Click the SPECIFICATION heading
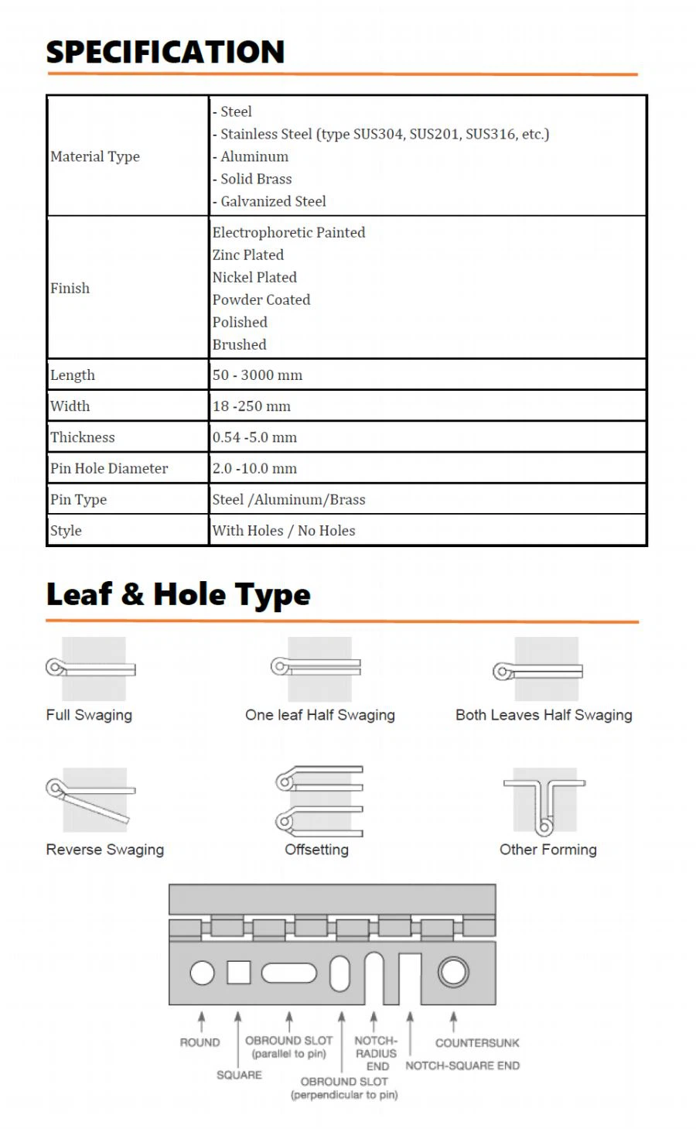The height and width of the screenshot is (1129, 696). pos(165,52)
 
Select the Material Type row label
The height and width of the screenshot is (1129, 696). pos(95,156)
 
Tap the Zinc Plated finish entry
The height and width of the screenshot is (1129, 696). pos(247,255)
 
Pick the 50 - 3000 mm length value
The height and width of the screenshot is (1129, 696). pos(258,375)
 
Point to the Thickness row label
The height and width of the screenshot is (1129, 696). pos(82,437)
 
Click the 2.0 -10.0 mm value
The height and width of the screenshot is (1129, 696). pos(254,468)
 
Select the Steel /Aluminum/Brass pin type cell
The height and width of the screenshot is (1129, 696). pos(288,500)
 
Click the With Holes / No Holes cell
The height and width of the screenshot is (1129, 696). pos(284,531)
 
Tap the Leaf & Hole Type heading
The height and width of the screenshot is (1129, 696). pos(178,594)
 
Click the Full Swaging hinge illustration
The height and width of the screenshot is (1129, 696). pos(91,668)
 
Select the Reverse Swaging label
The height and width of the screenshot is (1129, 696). pos(105,850)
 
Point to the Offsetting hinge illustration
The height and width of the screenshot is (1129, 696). pos(319,800)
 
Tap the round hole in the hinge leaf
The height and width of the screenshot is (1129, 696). pos(203,973)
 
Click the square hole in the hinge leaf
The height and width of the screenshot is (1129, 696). pos(238,973)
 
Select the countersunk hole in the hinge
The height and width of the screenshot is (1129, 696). pos(453,972)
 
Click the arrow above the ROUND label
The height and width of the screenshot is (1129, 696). pos(202,1021)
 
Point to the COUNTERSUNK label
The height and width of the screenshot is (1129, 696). pos(477,1043)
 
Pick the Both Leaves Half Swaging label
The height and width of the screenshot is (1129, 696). pos(544,715)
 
